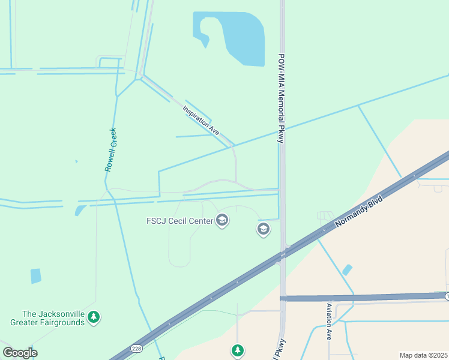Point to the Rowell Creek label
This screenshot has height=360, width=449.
pyautogui.click(x=111, y=149)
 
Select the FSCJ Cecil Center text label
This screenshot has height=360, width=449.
pyautogui.click(x=179, y=221)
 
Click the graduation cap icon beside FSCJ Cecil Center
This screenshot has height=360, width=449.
pyautogui.click(x=222, y=220)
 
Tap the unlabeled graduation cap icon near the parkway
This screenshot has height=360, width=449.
pyautogui.click(x=263, y=229)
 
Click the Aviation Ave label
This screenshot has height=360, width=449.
pyautogui.click(x=329, y=322)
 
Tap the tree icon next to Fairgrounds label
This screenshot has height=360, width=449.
pyautogui.click(x=93, y=316)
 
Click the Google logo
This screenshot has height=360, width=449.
pyautogui.click(x=20, y=353)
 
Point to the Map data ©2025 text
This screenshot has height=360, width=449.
pyautogui.click(x=423, y=355)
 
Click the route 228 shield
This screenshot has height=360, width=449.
pyautogui.click(x=136, y=349)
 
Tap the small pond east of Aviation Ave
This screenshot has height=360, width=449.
pyautogui.click(x=347, y=270)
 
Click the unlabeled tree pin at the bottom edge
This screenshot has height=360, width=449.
pyautogui.click(x=238, y=350)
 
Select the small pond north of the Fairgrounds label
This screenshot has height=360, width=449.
pyautogui.click(x=36, y=276)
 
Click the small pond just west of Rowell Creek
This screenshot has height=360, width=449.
pyautogui.click(x=80, y=210)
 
